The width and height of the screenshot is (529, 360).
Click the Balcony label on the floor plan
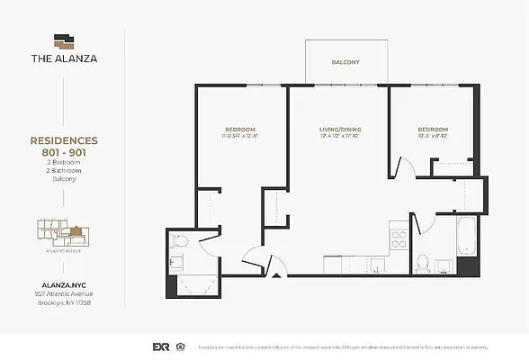click(345, 62)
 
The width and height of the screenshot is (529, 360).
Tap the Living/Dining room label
click(339, 130)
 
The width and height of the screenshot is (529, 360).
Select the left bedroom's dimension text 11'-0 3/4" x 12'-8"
click(240, 138)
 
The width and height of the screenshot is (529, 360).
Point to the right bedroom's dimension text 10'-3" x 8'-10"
click(432, 138)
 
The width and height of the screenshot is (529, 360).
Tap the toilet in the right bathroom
click(423, 263)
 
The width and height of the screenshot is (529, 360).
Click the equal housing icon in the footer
click(183, 346)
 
